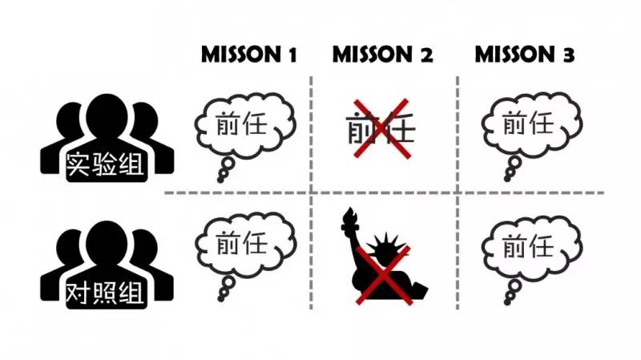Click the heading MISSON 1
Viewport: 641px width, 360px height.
coord(249,55)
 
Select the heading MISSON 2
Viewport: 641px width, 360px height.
coord(383,55)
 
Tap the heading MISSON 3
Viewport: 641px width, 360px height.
coord(525,55)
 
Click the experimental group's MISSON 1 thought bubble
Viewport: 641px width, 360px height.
coord(245,126)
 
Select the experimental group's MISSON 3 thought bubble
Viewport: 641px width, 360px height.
coord(528,126)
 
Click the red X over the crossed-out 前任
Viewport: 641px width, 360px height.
coord(381,127)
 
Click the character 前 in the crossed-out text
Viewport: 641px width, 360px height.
coord(363,129)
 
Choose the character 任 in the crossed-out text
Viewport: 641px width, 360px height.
coord(398,129)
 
